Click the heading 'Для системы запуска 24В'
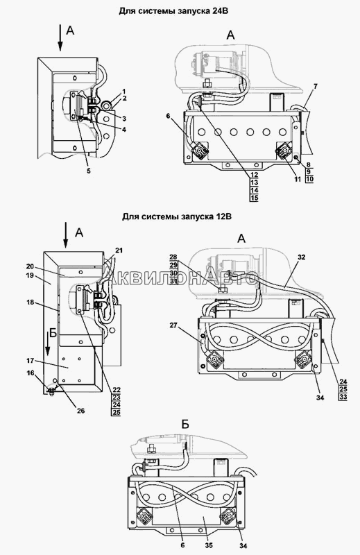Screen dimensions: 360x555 point(173,11)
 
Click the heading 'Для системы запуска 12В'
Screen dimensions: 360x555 point(177,216)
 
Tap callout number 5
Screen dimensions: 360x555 point(89,171)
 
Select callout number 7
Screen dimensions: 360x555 point(316,86)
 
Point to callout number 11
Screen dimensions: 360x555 point(298,180)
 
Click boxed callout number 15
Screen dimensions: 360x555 point(254,198)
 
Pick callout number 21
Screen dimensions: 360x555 point(119,250)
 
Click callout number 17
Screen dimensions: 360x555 point(30,361)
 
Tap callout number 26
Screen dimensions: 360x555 point(80,411)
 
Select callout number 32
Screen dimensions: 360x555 point(301,257)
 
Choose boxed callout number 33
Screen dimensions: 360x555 point(343,397)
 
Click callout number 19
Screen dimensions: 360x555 point(30,275)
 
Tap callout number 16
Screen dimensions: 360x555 point(31,373)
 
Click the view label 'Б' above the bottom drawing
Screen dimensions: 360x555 point(185,425)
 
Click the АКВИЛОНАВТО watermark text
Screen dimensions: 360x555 point(180,279)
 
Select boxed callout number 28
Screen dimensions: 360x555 point(173,257)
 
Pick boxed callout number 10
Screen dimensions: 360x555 point(309,179)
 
